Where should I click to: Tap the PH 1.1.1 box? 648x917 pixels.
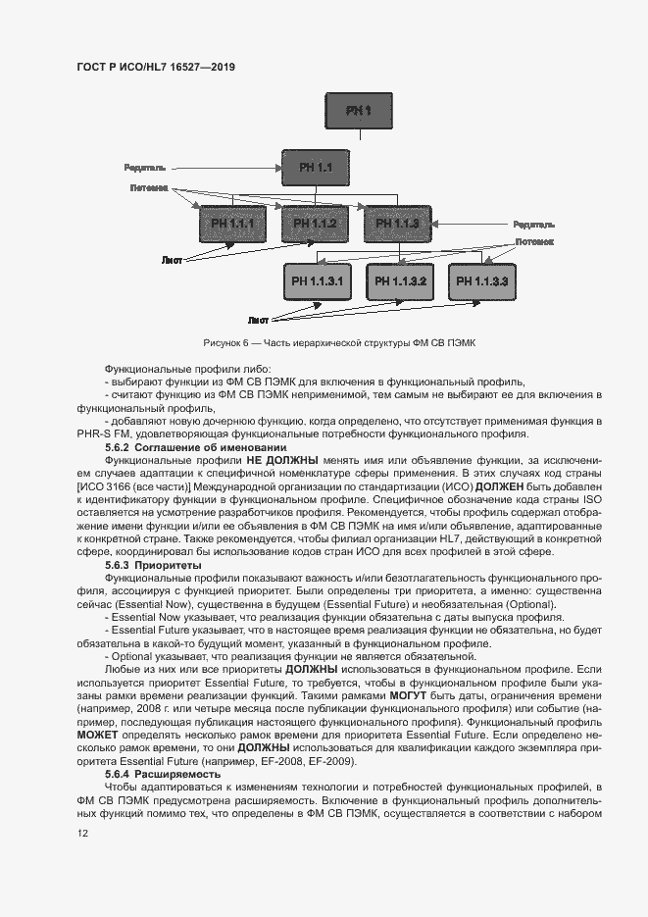[232, 225]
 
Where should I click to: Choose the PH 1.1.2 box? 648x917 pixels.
[315, 225]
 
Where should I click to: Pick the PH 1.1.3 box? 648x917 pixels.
[397, 225]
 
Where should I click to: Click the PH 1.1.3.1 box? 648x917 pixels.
[316, 282]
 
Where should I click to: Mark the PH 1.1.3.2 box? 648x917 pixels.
[399, 282]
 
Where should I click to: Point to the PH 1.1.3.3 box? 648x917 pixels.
[481, 282]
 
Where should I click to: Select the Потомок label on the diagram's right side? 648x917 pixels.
[534, 240]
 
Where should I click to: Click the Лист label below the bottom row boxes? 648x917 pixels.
[258, 320]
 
